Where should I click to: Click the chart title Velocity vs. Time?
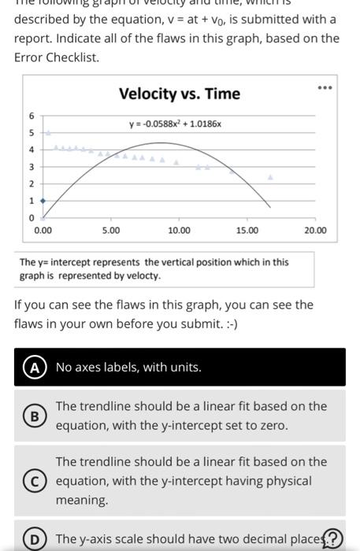click(179, 94)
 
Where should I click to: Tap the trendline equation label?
click(176, 124)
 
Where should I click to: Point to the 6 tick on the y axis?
click(32, 116)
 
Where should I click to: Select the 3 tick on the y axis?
click(32, 166)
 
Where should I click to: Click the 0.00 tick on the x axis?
click(43, 231)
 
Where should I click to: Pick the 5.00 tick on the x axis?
click(111, 231)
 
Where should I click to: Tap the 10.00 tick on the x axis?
click(179, 231)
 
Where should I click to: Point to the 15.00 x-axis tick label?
click(247, 231)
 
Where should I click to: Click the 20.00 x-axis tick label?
click(314, 231)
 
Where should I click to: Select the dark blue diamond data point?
click(43, 200)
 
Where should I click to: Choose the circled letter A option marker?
click(34, 368)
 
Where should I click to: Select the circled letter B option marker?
click(34, 415)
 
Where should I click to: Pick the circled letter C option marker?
click(34, 480)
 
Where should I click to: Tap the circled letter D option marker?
click(34, 538)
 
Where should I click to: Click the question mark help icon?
click(334, 538)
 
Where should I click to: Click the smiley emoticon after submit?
click(228, 324)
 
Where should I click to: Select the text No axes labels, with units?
click(128, 368)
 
